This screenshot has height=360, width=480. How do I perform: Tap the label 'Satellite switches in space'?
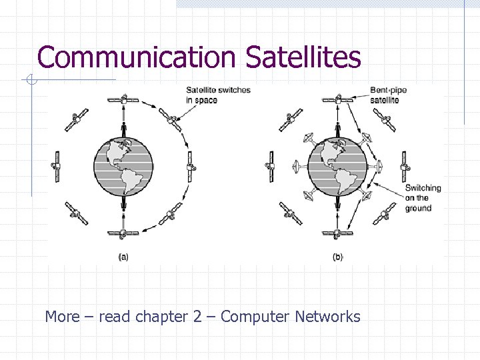[218, 95]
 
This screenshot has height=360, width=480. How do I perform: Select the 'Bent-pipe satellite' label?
[388, 95]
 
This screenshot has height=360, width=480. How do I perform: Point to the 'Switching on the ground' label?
[423, 198]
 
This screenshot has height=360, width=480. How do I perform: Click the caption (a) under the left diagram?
[123, 257]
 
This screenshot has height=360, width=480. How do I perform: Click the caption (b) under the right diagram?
[337, 257]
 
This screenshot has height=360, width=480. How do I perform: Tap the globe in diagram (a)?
[123, 167]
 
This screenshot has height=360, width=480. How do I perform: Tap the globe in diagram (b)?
[337, 167]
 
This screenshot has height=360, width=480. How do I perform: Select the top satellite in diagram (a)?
[123, 100]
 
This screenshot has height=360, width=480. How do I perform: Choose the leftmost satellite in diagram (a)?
[57, 166]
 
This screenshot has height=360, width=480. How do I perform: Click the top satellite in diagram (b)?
[337, 100]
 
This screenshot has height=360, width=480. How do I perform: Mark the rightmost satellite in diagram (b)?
[404, 166]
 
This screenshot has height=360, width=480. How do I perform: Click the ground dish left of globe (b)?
[298, 166]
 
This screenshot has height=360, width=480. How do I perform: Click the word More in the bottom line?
[62, 317]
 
